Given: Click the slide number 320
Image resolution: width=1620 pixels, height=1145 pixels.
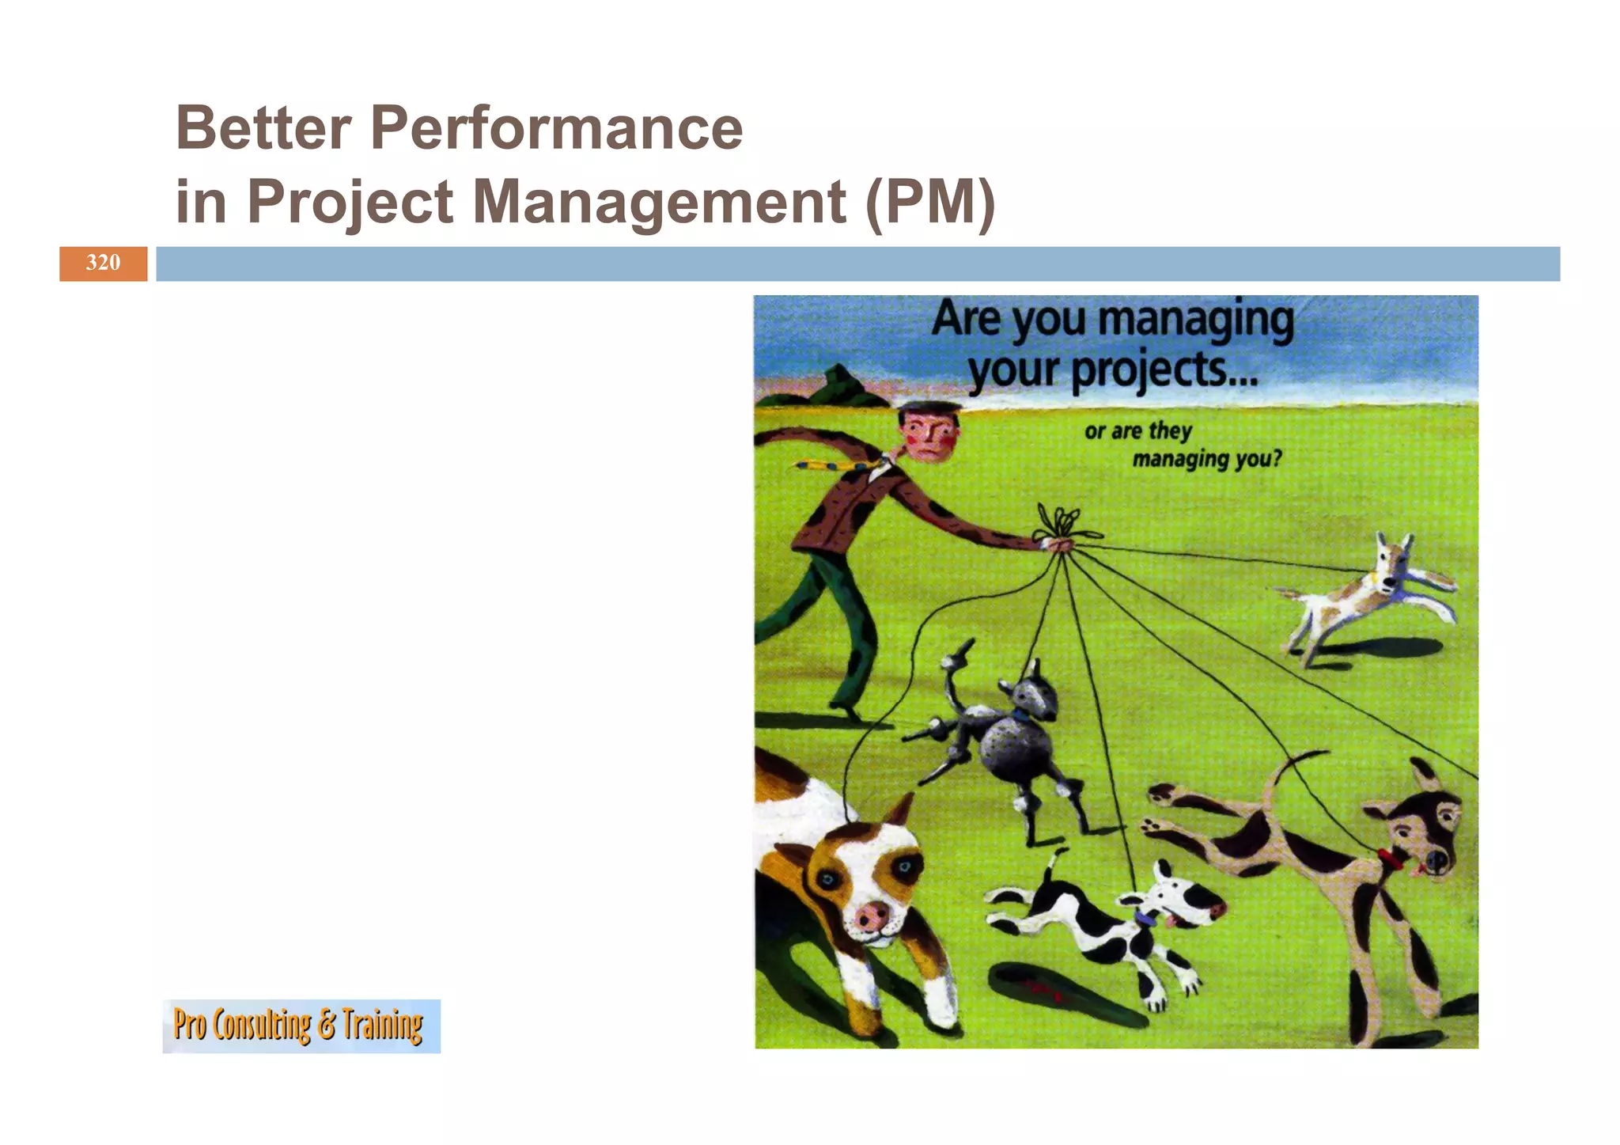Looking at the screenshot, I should pyautogui.click(x=103, y=263).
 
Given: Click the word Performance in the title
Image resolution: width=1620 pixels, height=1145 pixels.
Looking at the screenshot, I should pyautogui.click(x=556, y=127).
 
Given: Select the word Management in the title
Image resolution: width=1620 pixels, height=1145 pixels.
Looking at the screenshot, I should pyautogui.click(x=659, y=201).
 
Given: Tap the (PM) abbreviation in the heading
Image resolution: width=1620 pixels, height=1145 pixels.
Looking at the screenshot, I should pyautogui.click(x=930, y=202).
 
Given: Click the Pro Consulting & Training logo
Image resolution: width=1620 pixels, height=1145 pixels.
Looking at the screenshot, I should pyautogui.click(x=301, y=1026).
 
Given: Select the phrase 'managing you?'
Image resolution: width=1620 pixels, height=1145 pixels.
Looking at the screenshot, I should pyautogui.click(x=1206, y=459).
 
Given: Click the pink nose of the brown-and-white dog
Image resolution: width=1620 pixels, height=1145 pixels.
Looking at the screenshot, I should pyautogui.click(x=872, y=917).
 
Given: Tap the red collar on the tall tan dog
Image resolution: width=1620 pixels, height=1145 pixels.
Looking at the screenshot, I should pyautogui.click(x=1390, y=858).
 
